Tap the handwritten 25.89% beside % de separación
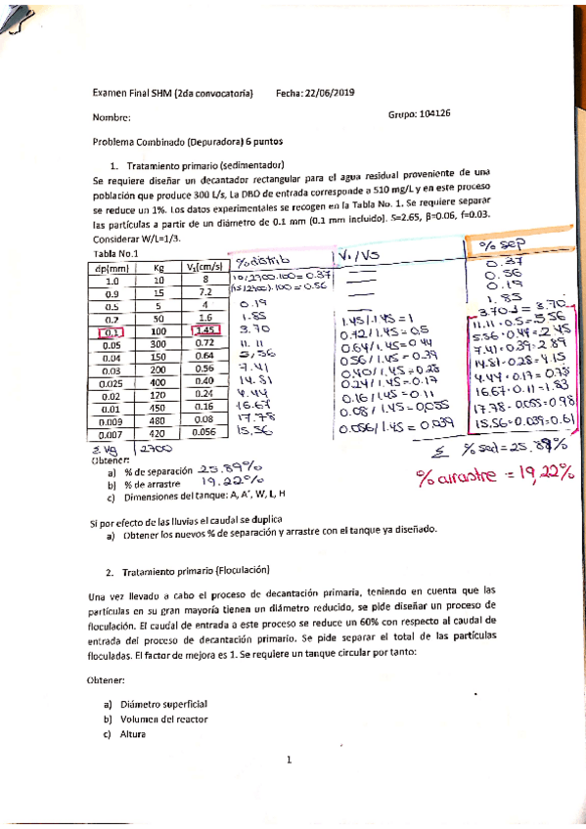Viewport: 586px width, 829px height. pos(228,468)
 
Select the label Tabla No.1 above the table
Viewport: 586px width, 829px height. pos(114,251)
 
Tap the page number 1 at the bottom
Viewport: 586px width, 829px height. pos(290,760)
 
